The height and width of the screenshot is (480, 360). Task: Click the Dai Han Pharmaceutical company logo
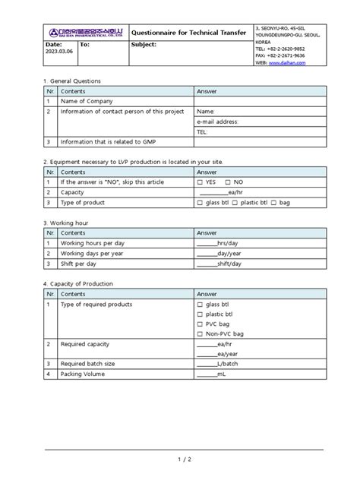tap(83, 32)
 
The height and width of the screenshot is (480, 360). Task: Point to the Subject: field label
tap(144, 45)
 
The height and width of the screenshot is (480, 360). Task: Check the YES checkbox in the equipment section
tap(200, 183)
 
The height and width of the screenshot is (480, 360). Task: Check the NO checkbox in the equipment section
tap(228, 183)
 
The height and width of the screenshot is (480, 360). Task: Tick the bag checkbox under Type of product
tap(274, 204)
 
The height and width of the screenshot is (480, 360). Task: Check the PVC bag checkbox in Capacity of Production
tap(200, 324)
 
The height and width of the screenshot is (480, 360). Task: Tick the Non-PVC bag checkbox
tap(200, 333)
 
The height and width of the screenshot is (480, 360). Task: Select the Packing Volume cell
tap(86, 374)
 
